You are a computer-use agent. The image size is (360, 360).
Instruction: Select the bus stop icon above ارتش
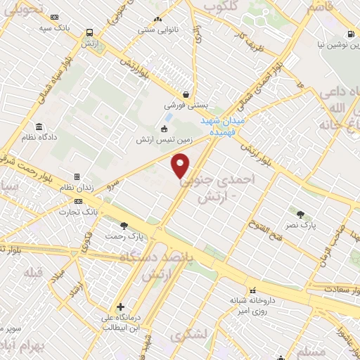coord(89,32)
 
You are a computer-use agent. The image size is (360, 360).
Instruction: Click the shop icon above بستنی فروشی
coord(185,94)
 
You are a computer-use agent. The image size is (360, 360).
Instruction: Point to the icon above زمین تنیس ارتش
coord(165,129)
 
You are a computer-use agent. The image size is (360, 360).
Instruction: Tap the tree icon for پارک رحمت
coord(124,226)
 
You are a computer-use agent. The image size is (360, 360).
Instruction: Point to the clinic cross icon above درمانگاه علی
coord(121,307)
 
